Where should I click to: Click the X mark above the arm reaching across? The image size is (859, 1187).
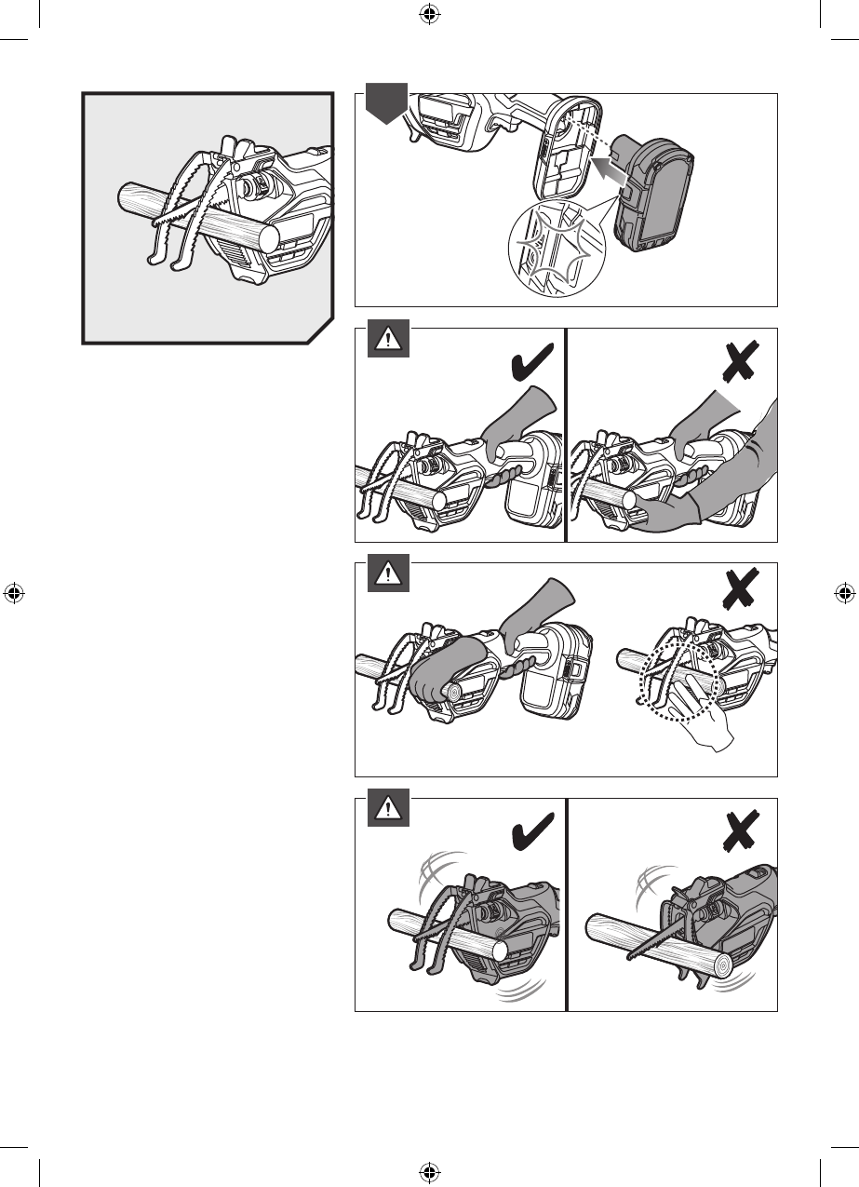(x=742, y=362)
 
